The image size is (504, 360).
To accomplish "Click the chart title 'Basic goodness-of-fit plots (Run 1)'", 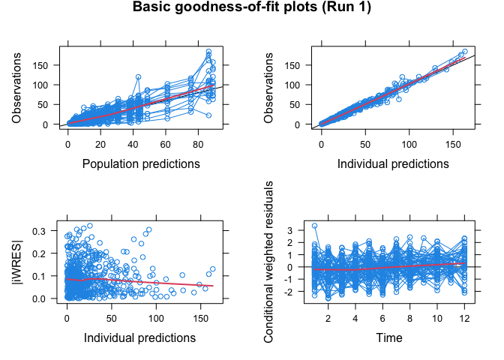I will (252, 9).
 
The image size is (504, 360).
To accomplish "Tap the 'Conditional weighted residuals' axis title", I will (271, 261).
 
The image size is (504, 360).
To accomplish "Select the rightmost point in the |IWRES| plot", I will (212, 268).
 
